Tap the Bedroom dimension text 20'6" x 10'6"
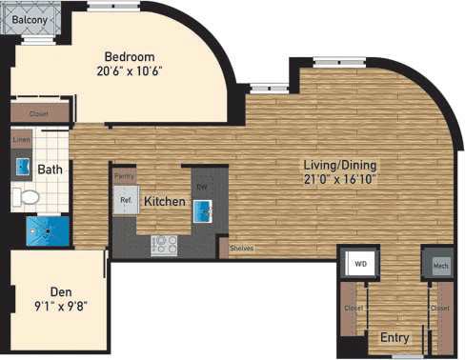click(x=130, y=70)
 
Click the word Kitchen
click(x=164, y=202)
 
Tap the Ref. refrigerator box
click(x=125, y=201)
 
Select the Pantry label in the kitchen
click(x=124, y=177)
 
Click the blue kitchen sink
click(x=203, y=211)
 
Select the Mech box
click(x=439, y=265)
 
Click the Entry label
click(x=394, y=337)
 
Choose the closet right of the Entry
click(x=439, y=310)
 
